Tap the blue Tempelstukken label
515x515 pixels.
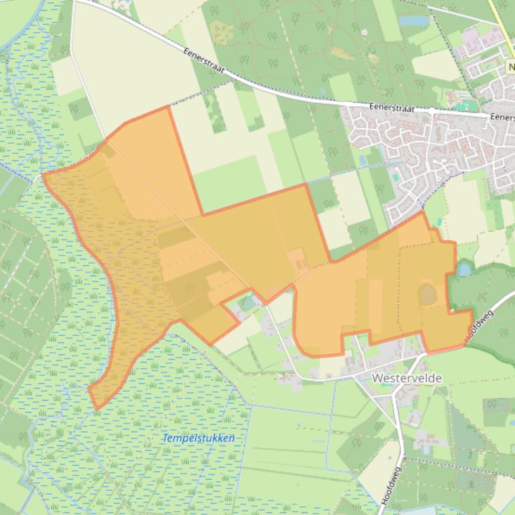[x=199, y=438]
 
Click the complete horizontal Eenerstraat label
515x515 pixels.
[x=392, y=108]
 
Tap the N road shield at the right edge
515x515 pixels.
[x=510, y=68]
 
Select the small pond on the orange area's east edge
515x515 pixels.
[x=463, y=269]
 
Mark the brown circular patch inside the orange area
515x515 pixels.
[x=427, y=292]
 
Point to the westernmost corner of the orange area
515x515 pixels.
[x=43, y=175]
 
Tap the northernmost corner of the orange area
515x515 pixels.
[x=167, y=106]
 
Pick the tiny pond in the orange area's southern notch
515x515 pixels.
[x=249, y=302]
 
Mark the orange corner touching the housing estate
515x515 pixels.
[x=422, y=212]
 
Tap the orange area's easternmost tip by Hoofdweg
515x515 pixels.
[x=472, y=312]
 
